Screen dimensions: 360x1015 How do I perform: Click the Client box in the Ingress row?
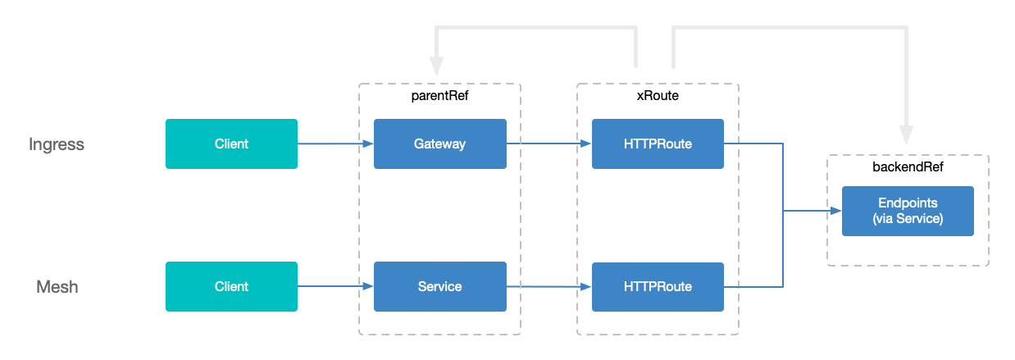pyautogui.click(x=231, y=144)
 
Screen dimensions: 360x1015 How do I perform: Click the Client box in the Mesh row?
pyautogui.click(x=231, y=287)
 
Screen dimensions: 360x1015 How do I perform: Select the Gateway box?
pyautogui.click(x=439, y=144)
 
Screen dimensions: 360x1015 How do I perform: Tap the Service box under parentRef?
pyautogui.click(x=439, y=287)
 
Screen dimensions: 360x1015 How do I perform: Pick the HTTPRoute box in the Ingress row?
pyautogui.click(x=658, y=144)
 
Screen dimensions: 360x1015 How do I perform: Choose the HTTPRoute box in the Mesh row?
pyautogui.click(x=658, y=287)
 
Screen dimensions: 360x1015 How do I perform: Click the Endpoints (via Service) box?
pyautogui.click(x=908, y=211)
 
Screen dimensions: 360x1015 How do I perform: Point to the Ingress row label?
pyautogui.click(x=57, y=145)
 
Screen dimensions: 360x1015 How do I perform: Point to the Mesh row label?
pyautogui.click(x=57, y=288)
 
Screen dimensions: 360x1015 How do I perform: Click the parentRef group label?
pyautogui.click(x=439, y=96)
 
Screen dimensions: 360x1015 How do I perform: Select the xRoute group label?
pyautogui.click(x=658, y=96)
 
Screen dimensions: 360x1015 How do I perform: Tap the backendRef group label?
pyautogui.click(x=907, y=167)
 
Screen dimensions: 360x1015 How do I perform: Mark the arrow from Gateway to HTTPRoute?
pyautogui.click(x=548, y=144)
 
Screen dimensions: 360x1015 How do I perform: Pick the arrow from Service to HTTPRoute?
pyautogui.click(x=548, y=287)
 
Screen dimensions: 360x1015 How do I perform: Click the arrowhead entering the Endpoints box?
pyautogui.click(x=835, y=211)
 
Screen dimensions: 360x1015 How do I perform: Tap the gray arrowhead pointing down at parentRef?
pyautogui.click(x=437, y=66)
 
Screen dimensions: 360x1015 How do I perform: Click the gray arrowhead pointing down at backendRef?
pyautogui.click(x=906, y=134)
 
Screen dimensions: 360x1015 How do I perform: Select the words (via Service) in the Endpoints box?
pyautogui.click(x=908, y=219)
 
